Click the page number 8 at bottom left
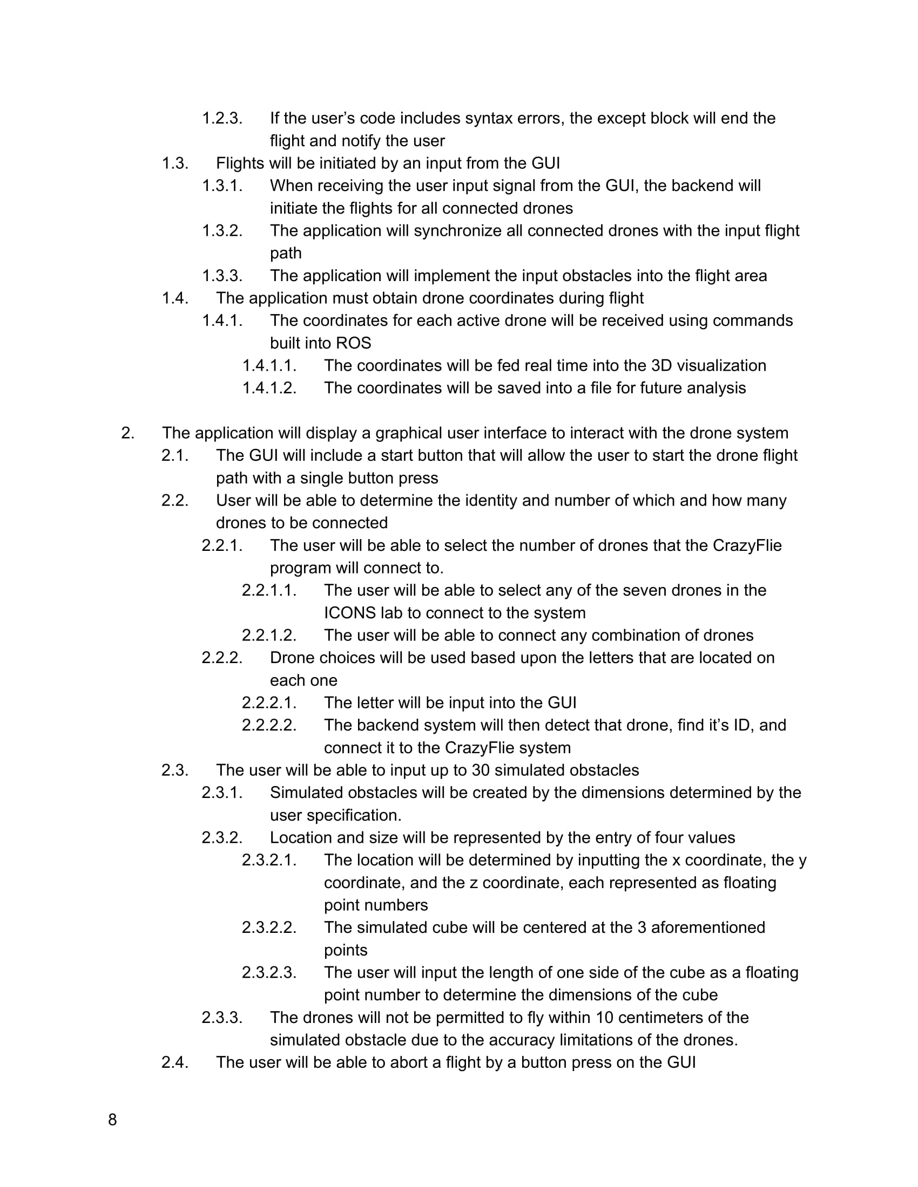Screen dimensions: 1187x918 112,1120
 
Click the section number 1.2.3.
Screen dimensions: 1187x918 222,118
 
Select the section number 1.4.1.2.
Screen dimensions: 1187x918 269,388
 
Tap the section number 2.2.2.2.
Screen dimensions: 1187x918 269,725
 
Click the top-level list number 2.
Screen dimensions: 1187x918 127,433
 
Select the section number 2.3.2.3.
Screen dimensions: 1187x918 269,972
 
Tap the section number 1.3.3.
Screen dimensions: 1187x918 222,276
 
